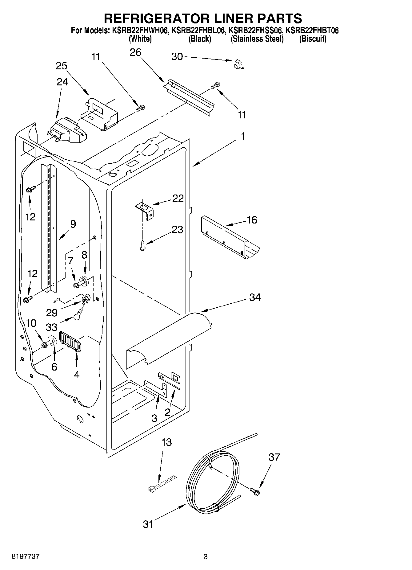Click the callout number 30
coord(177,57)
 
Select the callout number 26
coord(135,52)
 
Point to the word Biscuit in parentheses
coord(313,39)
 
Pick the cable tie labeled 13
coord(162,483)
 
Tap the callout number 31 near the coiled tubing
coord(148,524)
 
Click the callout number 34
coord(255,297)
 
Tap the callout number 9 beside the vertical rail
coord(73,224)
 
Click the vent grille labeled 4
coord(70,341)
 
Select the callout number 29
coord(52,313)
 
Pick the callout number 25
coord(62,66)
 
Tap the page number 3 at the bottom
coord(206,556)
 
